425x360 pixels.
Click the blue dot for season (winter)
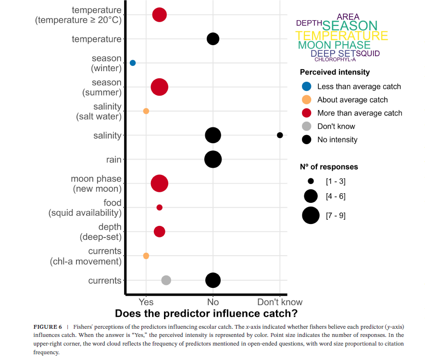133,63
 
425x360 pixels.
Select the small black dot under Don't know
280,135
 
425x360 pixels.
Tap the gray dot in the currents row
166,280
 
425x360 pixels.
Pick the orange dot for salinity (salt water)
146,111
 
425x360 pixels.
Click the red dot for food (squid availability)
160,208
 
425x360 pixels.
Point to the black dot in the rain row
213,159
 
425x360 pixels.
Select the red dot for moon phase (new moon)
160,183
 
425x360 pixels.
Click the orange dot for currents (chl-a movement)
146,256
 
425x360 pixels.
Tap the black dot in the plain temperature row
213,39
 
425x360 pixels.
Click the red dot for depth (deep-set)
160,232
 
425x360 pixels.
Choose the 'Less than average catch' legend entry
359,87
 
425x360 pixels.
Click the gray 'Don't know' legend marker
307,126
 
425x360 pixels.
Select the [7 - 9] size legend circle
311,215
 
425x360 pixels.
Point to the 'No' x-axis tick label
213,302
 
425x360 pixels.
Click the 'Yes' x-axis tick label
146,302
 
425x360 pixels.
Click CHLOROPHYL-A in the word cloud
335,60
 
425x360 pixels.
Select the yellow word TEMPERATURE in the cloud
341,36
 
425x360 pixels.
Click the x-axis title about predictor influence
206,314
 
